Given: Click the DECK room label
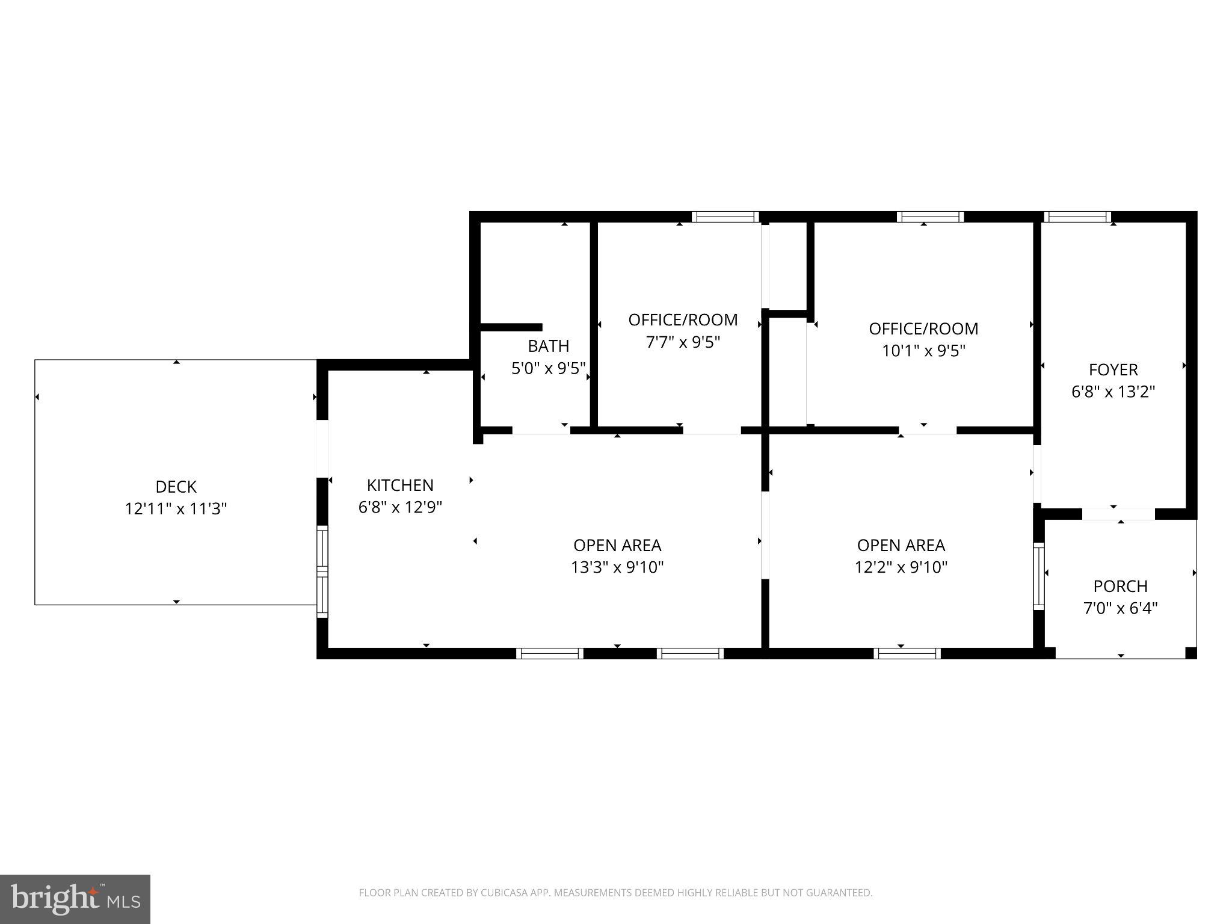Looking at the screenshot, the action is point(176,486).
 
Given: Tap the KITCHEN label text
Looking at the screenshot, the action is point(400,485).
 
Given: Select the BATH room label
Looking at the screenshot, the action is point(548,346).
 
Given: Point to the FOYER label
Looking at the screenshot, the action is point(1113,369).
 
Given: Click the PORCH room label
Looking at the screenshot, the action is point(1120,586).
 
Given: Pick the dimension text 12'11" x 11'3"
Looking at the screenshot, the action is point(176,509).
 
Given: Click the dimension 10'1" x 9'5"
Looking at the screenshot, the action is point(923,351).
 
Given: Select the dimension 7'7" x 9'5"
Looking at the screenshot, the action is point(683,342).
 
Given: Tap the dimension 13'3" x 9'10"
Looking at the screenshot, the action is point(617,567).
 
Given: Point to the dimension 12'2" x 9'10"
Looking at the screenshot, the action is point(901,567).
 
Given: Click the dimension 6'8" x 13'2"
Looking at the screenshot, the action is point(1113,392).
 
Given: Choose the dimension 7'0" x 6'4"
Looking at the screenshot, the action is point(1120,608).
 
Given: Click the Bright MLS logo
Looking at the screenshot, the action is point(75,899).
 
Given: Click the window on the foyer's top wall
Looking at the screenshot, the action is point(1077,217).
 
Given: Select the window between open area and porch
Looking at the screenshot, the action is point(1039,576).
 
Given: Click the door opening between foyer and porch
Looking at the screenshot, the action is point(1118,514).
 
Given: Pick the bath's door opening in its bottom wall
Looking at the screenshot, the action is point(541,430).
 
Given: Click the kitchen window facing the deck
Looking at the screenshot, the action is point(322,571).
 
